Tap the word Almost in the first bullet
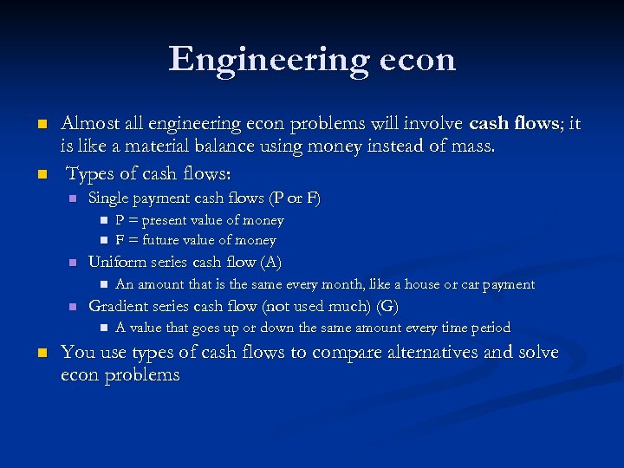(x=90, y=124)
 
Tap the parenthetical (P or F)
(x=295, y=198)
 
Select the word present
(x=167, y=220)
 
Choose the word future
(x=162, y=240)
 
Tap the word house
(x=419, y=284)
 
